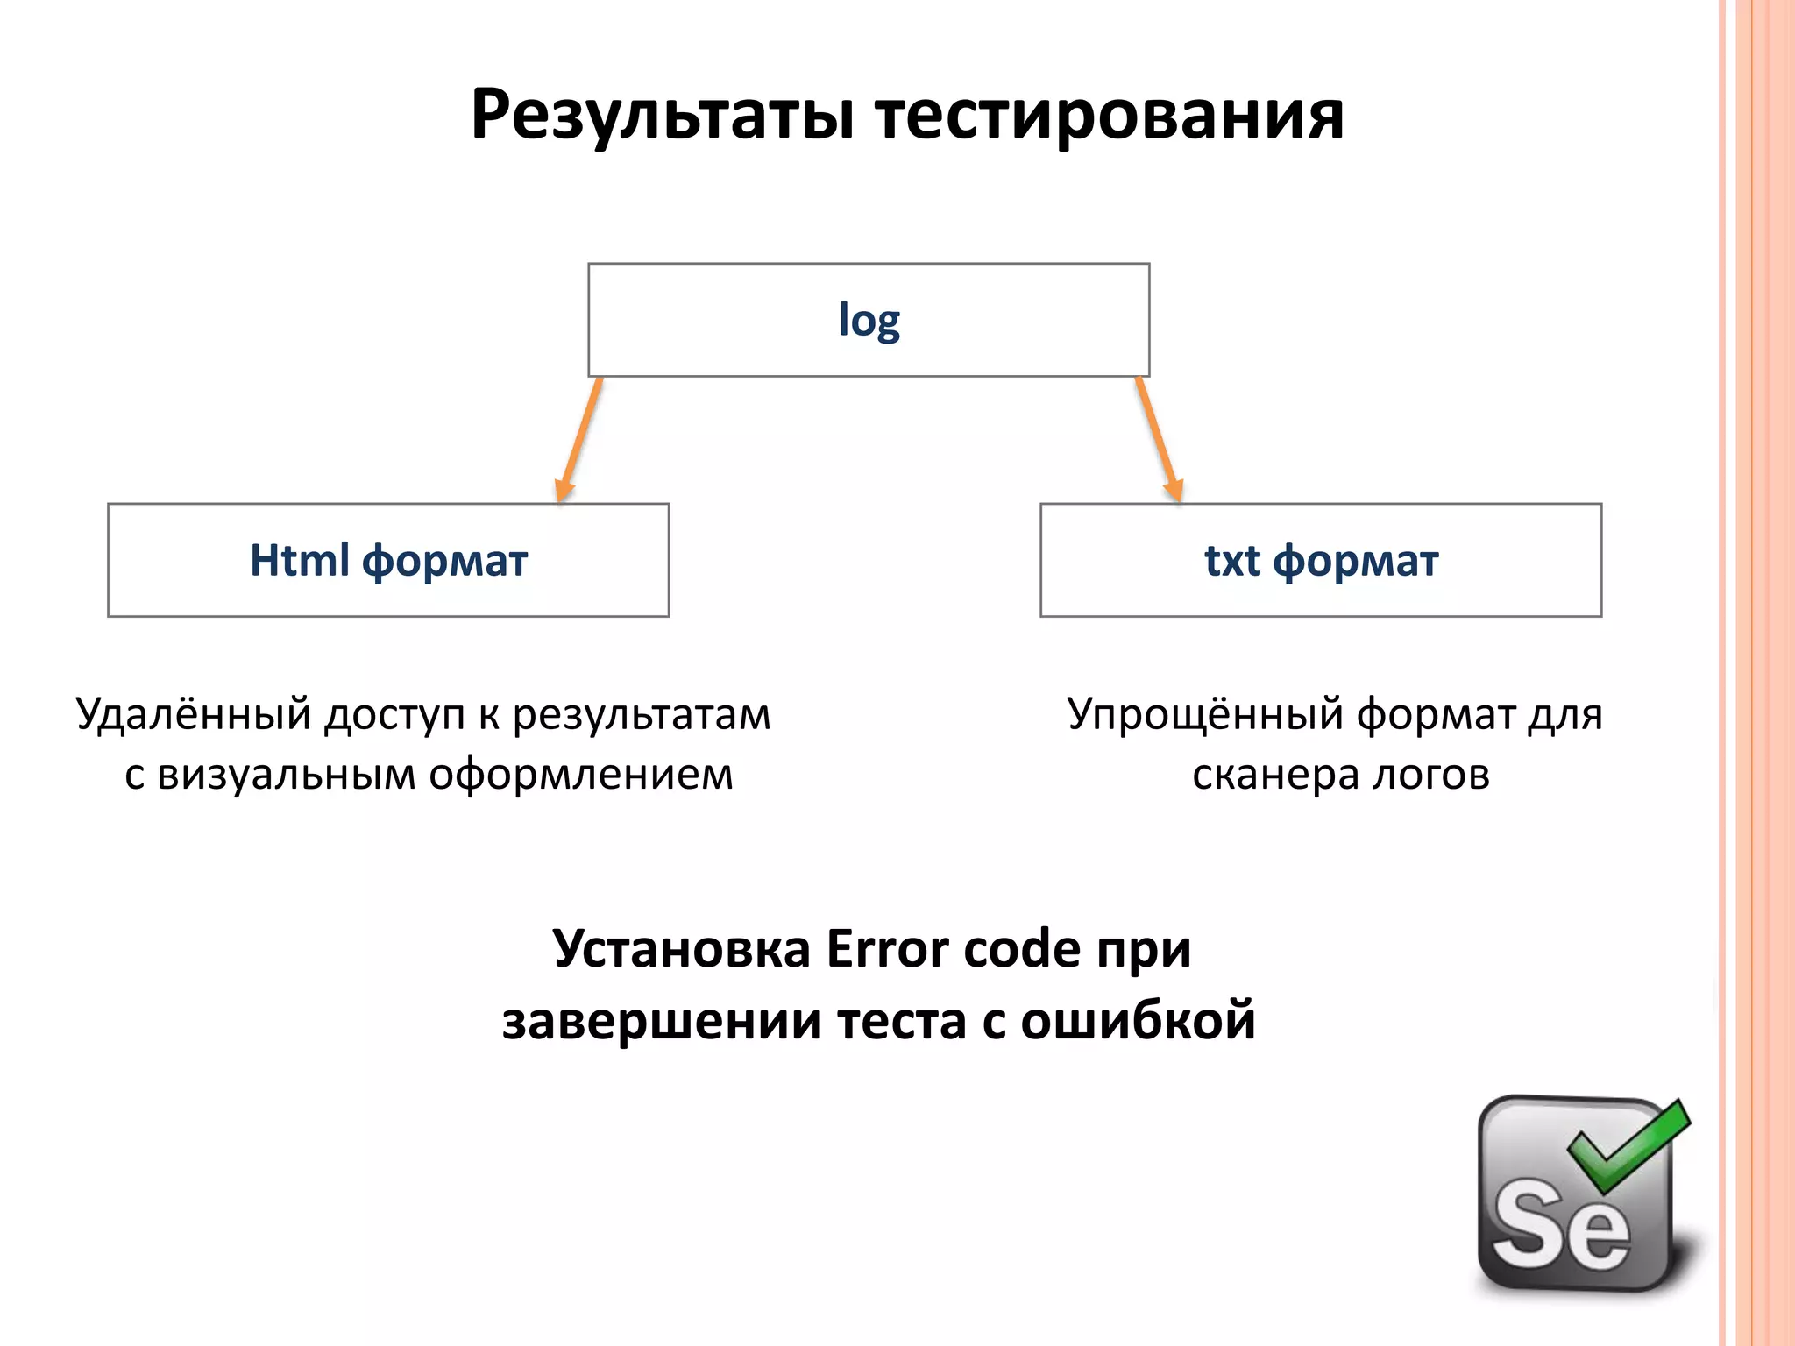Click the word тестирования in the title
coord(1109,116)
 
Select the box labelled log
coord(869,320)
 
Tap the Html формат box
coord(388,560)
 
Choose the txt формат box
coord(1321,560)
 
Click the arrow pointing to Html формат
coord(579,438)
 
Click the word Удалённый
coord(194,714)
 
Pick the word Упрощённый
coord(1204,714)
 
